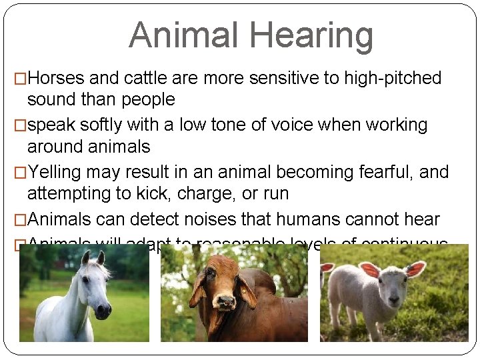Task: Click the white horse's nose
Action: coord(103,309)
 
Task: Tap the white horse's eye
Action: coord(85,279)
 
